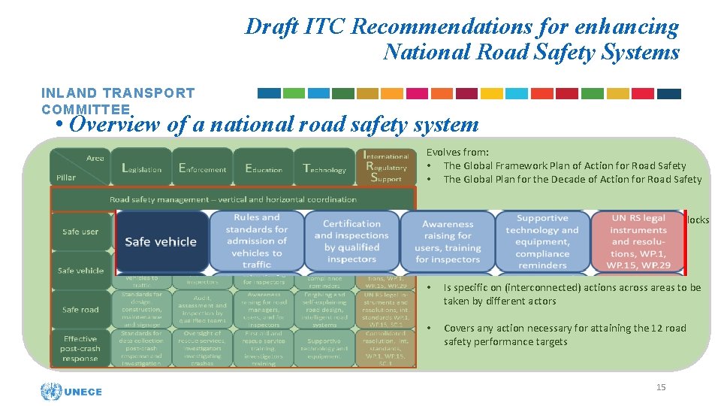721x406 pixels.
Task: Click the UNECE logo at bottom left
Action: [72, 391]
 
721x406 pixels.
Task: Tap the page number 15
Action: [661, 387]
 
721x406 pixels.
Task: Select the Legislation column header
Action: [142, 168]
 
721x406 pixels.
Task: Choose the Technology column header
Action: [324, 168]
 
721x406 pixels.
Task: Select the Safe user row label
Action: [80, 232]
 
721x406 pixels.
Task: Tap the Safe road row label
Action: [80, 309]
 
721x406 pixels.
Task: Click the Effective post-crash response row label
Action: [80, 348]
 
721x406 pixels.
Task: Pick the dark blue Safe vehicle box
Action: [161, 241]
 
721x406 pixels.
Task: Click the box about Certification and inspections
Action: [351, 241]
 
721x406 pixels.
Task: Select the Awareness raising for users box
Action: [448, 241]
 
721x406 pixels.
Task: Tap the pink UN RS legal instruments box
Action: [638, 241]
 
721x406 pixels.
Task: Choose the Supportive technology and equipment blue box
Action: [542, 241]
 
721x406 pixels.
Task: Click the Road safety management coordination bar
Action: [233, 199]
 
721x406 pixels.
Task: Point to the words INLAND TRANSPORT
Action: [118, 93]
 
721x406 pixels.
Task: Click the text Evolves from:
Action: [457, 152]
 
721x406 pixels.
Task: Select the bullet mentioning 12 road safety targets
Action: [565, 335]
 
